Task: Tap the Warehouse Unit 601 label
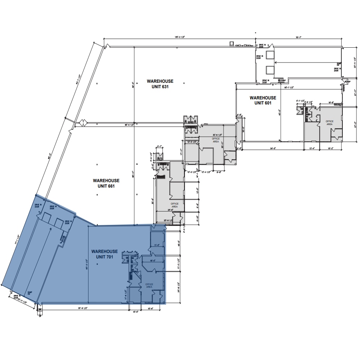pos(263,100)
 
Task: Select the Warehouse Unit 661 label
pos(106,183)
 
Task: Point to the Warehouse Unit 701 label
pos(104,254)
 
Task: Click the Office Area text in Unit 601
pos(329,123)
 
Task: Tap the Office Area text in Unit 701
pos(149,286)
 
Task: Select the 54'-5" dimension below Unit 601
pos(273,148)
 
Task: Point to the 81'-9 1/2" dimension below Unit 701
pos(83,308)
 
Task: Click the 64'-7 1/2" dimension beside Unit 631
pos(78,79)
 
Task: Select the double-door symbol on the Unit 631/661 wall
pos(79,123)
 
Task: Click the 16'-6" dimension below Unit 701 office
pos(151,308)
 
